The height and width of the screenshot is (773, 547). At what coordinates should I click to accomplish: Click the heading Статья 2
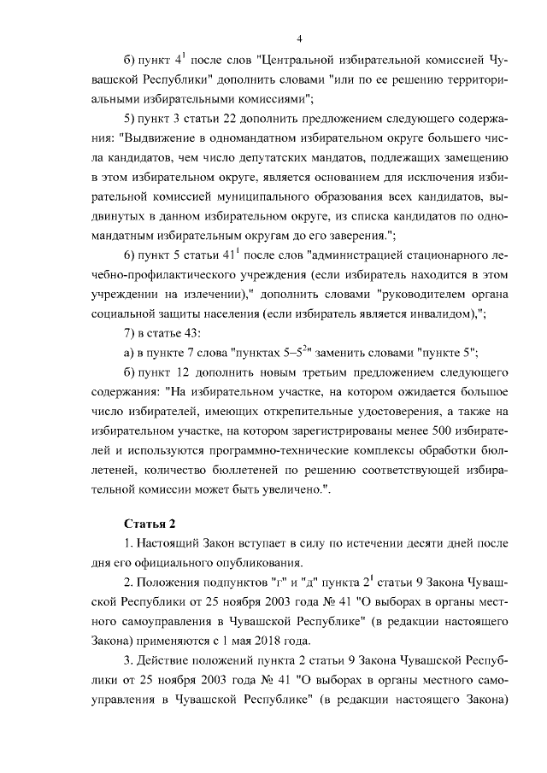(x=149, y=522)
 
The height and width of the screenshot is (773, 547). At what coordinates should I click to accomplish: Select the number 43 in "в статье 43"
(x=191, y=332)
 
